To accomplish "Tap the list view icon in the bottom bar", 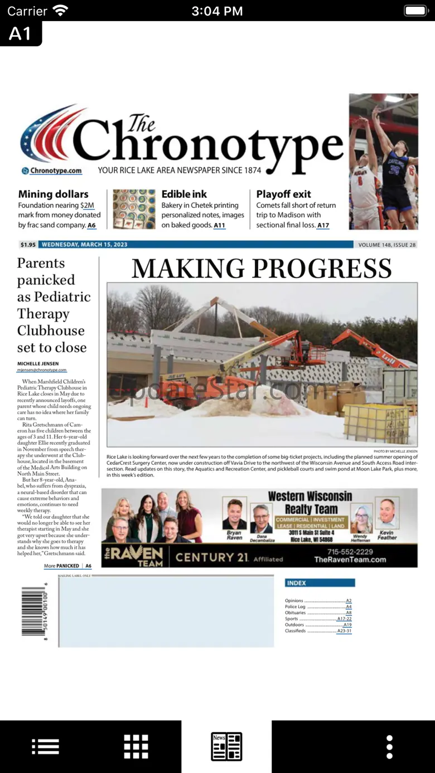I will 46,746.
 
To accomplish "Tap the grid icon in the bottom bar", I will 136,746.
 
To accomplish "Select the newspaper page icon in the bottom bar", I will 226,746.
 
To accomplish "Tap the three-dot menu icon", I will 389,746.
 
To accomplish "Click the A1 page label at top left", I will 20,33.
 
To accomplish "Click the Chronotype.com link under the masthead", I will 55,171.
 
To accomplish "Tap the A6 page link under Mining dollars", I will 91,225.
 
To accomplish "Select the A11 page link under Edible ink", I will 220,225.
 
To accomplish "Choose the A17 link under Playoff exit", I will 323,225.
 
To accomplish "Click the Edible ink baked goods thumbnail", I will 134,209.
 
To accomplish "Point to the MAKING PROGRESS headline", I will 262,269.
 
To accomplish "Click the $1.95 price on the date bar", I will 28,245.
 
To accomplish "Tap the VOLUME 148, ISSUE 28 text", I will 387,245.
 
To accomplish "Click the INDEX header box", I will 320,583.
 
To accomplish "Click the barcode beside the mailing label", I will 33,611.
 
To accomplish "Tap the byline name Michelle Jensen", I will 38,363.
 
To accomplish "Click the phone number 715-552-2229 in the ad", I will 350,552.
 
